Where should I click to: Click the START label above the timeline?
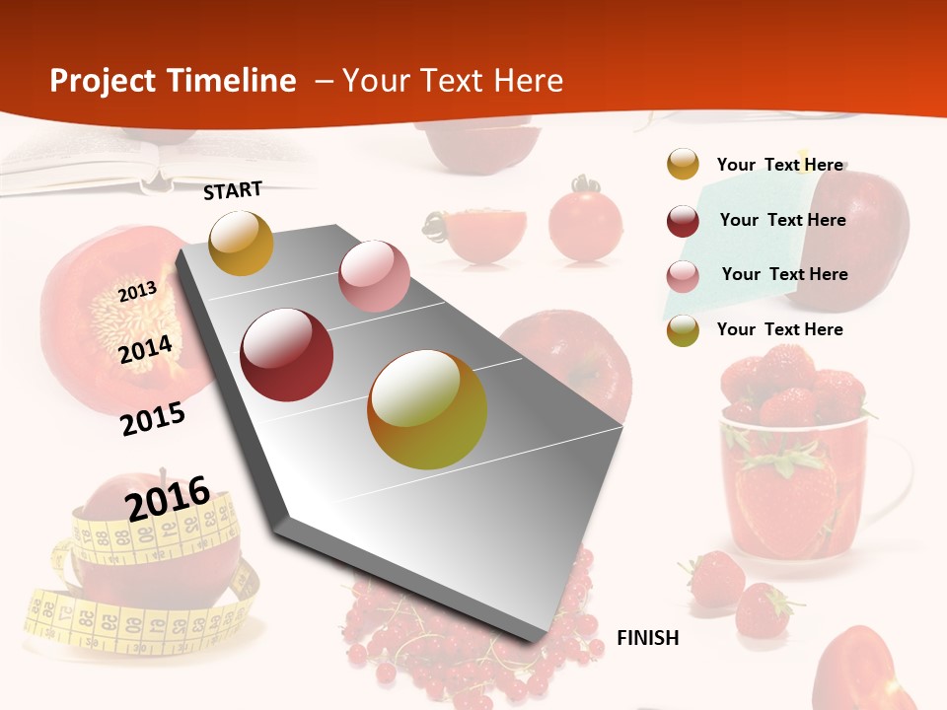(x=233, y=189)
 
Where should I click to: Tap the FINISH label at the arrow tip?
(x=647, y=637)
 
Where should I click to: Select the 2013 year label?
(x=137, y=291)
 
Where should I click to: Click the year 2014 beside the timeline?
(x=145, y=349)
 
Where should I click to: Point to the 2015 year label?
(x=152, y=418)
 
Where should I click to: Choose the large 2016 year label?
(x=168, y=497)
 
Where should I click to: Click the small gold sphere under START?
(x=241, y=243)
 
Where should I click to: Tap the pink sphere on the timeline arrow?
(x=374, y=276)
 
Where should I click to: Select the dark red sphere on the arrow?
(x=287, y=355)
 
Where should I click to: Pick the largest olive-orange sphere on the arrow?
(x=427, y=409)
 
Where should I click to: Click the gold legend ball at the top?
(x=683, y=165)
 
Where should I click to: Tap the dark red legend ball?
(x=683, y=220)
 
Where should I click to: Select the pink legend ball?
(x=683, y=275)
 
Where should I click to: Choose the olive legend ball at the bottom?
(x=683, y=330)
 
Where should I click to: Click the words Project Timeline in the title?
(x=173, y=81)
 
